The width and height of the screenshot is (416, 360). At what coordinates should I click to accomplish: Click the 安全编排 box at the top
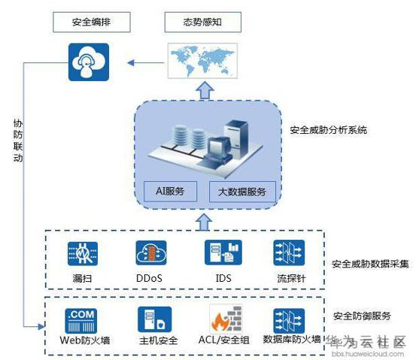pos(92,22)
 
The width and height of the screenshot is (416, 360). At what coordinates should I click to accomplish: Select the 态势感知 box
pos(203,22)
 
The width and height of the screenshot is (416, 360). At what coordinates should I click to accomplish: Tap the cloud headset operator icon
pos(89,62)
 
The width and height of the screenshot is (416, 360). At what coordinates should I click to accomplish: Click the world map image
pos(202,61)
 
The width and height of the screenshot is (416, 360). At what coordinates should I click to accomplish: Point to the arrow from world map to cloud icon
pos(146,63)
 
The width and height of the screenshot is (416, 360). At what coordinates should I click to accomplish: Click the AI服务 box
pos(170,191)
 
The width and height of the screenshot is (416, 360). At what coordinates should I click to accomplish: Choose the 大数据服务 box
pos(242,192)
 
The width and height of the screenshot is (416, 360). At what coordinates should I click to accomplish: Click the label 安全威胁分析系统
pos(328,130)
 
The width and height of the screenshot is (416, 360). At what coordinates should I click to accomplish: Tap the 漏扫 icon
pos(83,253)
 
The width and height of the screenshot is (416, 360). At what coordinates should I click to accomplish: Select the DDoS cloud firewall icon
pos(151,253)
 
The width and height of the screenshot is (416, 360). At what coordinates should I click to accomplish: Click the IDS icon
pos(223,252)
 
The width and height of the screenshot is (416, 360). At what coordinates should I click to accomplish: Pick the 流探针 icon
pos(289,253)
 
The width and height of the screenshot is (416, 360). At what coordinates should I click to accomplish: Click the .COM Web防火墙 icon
pos(81,321)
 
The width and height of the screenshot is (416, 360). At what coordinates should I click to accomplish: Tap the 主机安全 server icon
pos(155,319)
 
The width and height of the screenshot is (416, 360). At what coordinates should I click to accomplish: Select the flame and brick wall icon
pos(226,319)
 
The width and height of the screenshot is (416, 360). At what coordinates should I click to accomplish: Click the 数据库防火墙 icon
pos(289,321)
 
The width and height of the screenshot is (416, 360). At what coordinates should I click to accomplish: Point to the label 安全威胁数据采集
pos(370,264)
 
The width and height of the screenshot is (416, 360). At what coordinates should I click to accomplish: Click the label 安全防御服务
pos(362,316)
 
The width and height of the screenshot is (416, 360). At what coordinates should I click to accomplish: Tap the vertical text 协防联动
pos(18,141)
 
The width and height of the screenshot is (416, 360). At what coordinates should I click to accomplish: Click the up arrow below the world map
pos(205,90)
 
